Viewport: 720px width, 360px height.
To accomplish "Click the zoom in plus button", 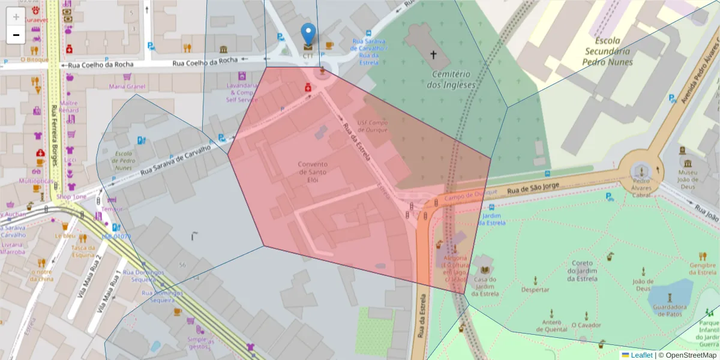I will pos(16,17).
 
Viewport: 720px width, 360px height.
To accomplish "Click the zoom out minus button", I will pos(16,35).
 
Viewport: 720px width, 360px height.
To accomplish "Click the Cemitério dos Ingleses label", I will pos(451,79).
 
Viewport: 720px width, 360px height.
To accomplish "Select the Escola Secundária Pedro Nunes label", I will pos(608,52).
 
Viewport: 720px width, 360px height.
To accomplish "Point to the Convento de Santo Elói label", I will pos(313,172).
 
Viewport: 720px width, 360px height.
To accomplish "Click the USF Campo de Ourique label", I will pos(372,126).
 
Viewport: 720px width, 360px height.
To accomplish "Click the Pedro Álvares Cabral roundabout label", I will pos(641,187).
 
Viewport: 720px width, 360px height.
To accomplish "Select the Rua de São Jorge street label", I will pos(533,189).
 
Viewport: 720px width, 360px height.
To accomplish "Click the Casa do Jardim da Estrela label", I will pos(484,286).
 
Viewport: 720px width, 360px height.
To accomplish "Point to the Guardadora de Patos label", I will pos(670,310).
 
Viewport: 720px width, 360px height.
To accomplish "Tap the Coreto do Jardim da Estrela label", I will pos(582,271).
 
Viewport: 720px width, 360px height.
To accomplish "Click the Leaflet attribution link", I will pos(641,355).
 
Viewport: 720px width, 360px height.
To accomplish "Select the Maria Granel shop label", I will pos(127,86).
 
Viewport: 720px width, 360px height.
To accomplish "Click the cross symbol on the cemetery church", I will pos(433,55).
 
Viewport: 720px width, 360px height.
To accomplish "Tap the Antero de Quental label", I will pos(551,325).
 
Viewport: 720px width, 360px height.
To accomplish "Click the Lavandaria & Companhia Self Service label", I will pos(242,92).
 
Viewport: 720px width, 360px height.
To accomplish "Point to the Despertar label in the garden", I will pos(535,289).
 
